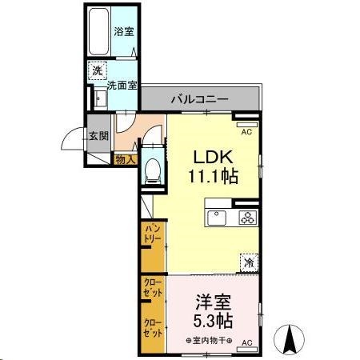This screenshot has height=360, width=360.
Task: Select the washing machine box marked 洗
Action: click(x=96, y=70)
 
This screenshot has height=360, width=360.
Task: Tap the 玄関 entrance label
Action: click(x=98, y=135)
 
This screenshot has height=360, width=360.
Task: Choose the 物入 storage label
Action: click(x=126, y=160)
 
